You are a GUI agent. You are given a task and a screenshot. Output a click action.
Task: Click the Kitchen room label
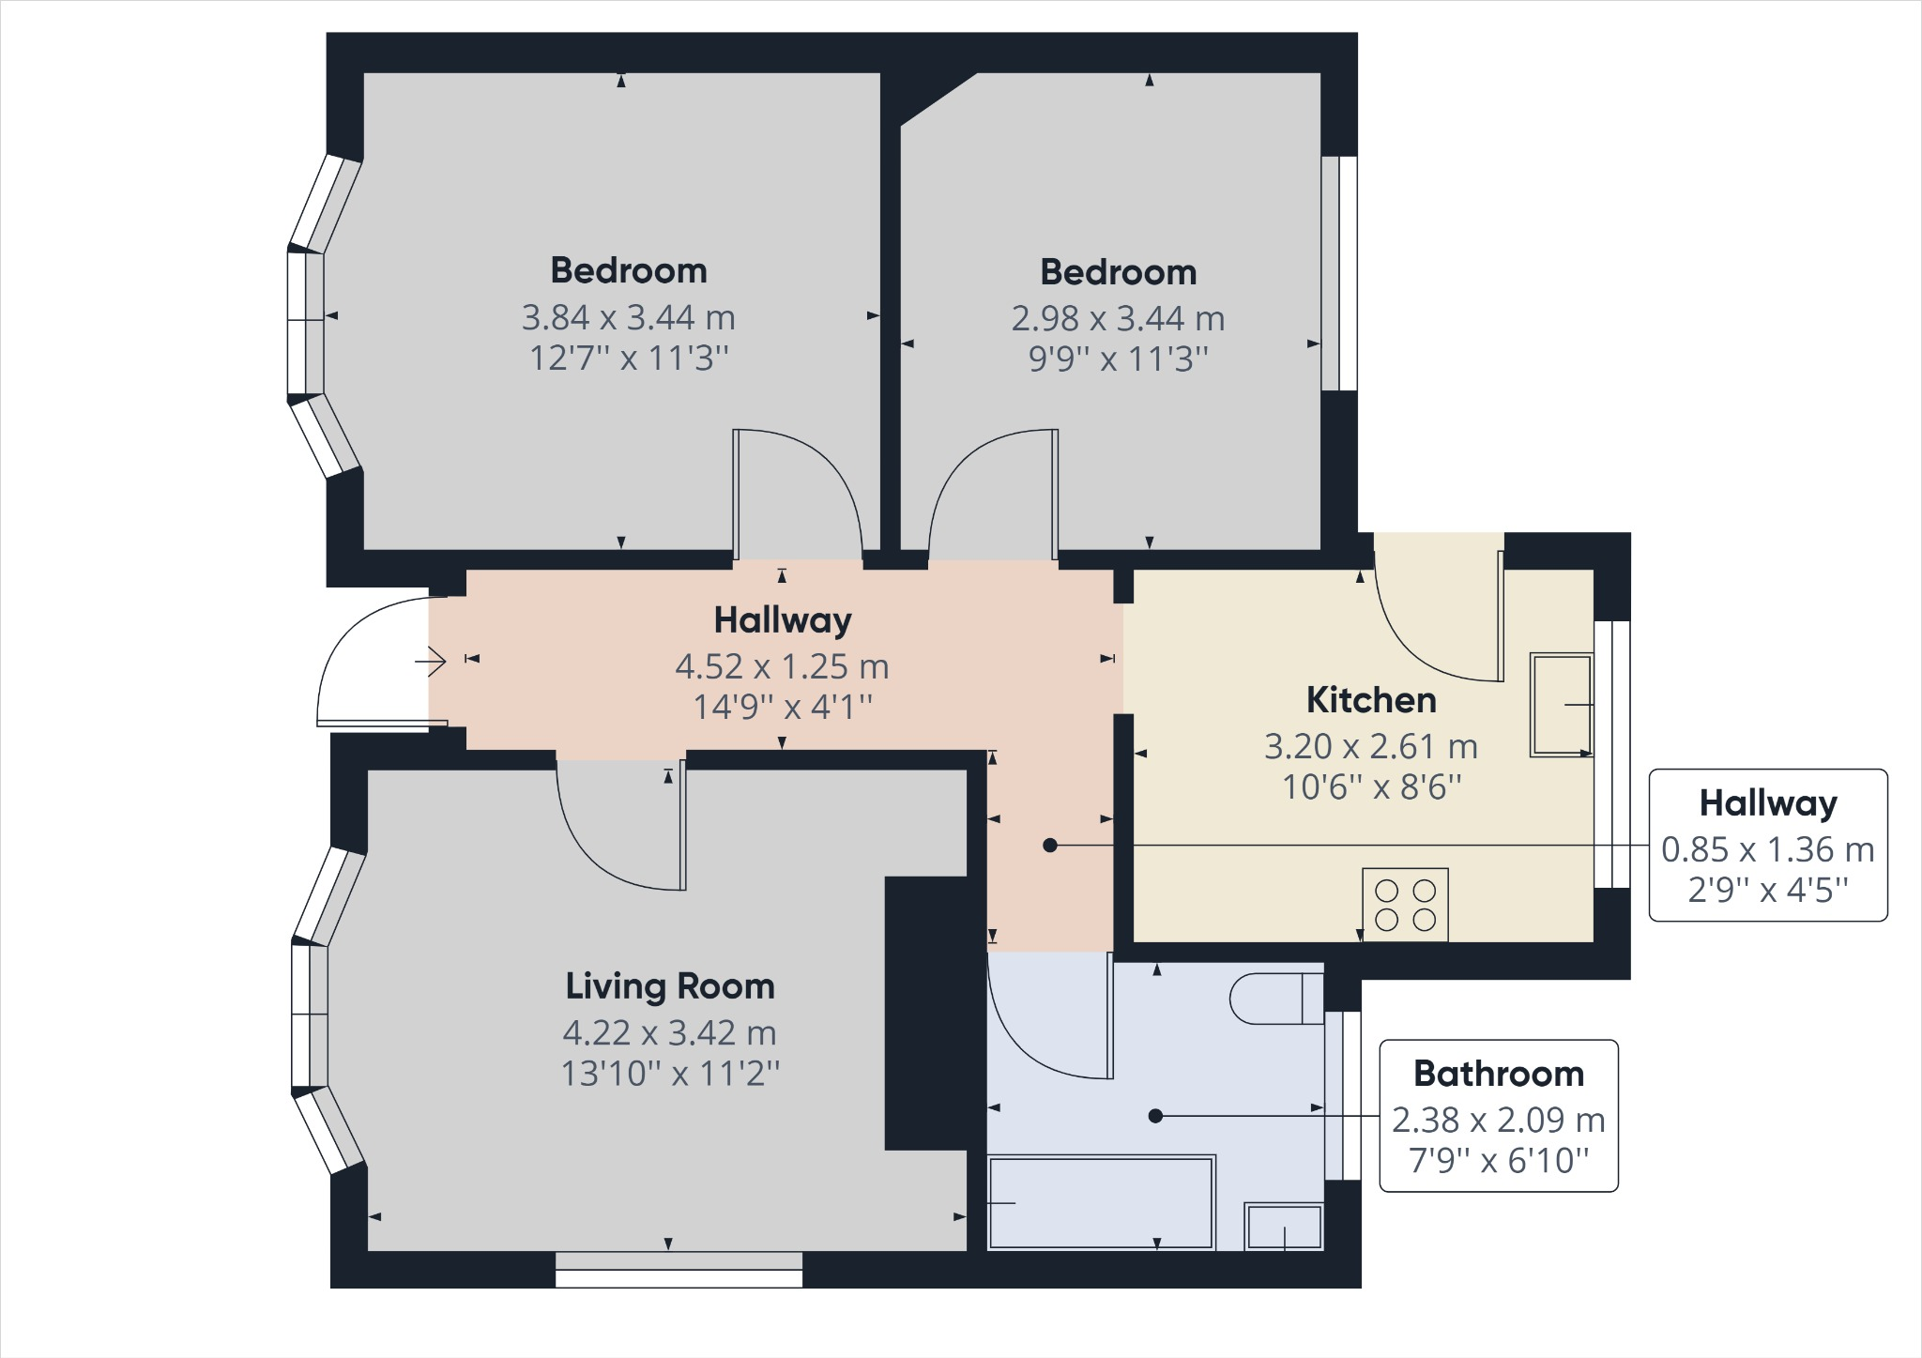point(1371,700)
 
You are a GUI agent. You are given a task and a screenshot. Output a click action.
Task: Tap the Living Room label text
point(669,986)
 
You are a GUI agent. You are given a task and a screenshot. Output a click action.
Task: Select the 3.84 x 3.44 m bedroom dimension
point(628,317)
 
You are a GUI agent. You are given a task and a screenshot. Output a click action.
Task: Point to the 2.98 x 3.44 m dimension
point(1118,319)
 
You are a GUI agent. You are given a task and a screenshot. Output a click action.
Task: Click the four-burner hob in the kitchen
point(1405,905)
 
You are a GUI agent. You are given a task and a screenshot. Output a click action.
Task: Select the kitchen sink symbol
point(1561,704)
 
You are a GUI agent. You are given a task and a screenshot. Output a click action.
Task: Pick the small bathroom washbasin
point(1283,1227)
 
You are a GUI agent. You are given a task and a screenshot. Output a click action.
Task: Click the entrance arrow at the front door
point(433,662)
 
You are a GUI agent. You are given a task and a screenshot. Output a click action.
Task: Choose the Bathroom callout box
point(1498,1116)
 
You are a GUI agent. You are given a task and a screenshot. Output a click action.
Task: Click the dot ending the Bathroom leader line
point(1155,1116)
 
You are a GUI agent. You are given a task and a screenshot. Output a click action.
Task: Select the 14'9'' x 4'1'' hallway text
point(782,707)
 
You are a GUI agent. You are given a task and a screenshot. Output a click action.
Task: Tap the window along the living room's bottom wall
point(679,1270)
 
